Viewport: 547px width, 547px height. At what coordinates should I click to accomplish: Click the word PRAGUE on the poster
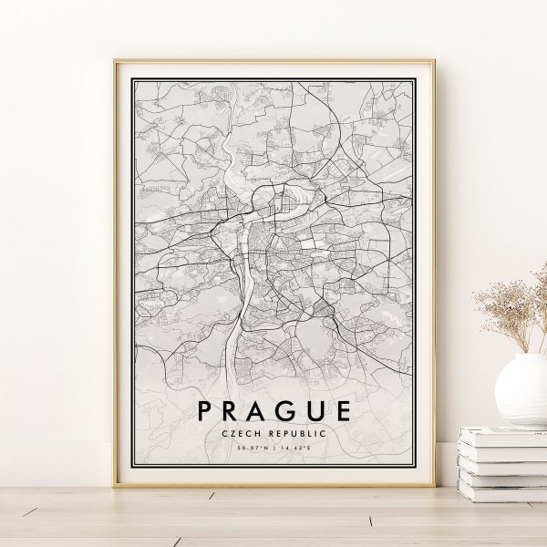point(273,410)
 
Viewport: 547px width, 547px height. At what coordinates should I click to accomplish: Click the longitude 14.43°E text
point(295,449)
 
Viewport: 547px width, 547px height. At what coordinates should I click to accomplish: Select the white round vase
point(522,389)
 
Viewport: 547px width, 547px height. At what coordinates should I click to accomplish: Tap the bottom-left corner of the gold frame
point(116,485)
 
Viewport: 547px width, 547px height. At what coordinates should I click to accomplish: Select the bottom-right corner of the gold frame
point(432,485)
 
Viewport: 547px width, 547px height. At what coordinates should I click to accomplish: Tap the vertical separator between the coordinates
point(274,449)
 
